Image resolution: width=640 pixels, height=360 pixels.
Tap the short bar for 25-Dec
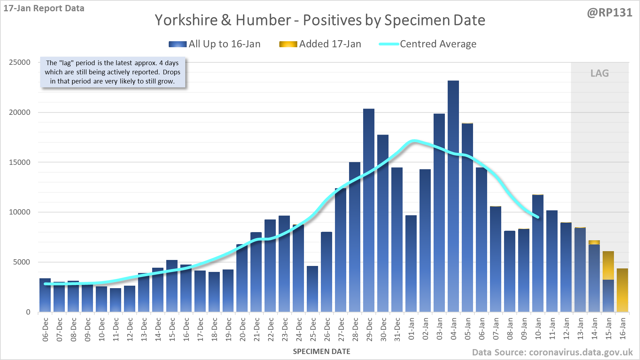click(x=312, y=289)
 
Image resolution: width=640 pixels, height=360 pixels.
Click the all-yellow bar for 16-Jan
click(x=622, y=290)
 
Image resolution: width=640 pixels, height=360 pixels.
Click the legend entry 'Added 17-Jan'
click(x=320, y=44)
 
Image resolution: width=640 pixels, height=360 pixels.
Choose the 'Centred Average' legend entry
click(x=428, y=44)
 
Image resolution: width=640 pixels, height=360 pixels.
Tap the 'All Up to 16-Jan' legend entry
click(x=215, y=44)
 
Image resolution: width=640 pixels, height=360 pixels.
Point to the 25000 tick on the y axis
click(x=20, y=62)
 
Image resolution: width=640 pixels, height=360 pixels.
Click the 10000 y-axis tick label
click(x=20, y=212)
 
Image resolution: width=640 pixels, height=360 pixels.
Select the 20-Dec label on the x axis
click(x=242, y=329)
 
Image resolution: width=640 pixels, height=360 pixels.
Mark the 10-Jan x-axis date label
click(x=538, y=329)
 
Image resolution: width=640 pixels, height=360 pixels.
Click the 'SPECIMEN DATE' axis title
click(x=322, y=352)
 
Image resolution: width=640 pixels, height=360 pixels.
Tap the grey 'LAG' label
click(x=599, y=73)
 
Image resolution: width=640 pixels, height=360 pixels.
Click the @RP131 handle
click(x=610, y=13)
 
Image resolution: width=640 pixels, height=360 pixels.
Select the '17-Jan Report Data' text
click(x=44, y=8)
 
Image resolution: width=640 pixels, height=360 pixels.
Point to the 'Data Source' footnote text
click(x=552, y=352)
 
